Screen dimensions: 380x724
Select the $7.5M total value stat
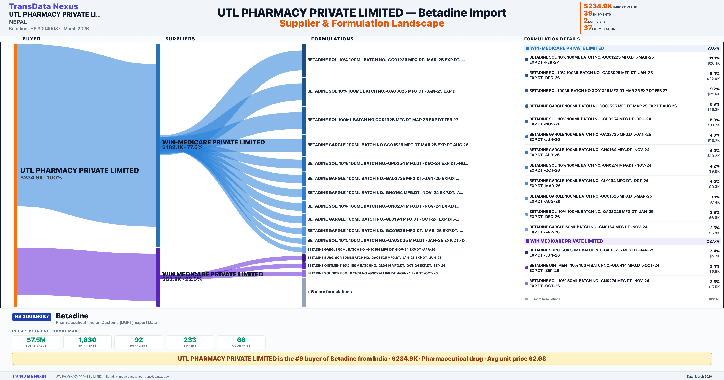click(x=36, y=340)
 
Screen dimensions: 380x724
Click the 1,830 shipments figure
click(x=87, y=340)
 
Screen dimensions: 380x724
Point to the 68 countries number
click(x=241, y=340)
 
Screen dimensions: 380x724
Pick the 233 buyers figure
click(x=190, y=340)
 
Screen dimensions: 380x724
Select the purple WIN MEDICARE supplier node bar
click(x=158, y=277)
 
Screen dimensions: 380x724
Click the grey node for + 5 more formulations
click(x=304, y=292)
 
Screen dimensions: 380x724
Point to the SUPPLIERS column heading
click(x=180, y=39)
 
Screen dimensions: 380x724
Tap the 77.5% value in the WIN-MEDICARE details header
click(x=713, y=48)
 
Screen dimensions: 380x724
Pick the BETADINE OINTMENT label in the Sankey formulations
click(x=376, y=266)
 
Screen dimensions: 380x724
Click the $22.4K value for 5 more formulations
click(x=714, y=299)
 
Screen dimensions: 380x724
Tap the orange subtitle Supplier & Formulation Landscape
click(x=362, y=23)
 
